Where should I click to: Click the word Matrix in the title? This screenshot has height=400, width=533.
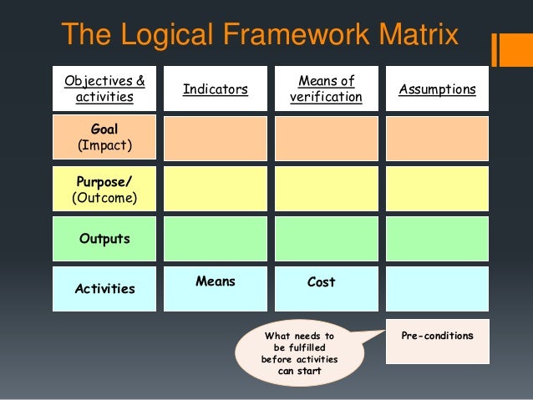pyautogui.click(x=418, y=36)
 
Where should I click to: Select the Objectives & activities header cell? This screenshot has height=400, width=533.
pyautogui.click(x=104, y=89)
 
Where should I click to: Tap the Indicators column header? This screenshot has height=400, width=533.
pyautogui.click(x=216, y=89)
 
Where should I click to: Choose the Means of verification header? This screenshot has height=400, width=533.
pyautogui.click(x=326, y=89)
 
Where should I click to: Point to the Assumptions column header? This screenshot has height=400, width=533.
pyautogui.click(x=438, y=89)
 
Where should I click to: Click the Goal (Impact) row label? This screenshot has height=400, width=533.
pyautogui.click(x=104, y=139)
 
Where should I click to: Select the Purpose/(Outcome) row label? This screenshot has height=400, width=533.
pyautogui.click(x=104, y=189)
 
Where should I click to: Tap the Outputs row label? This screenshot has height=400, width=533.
pyautogui.click(x=104, y=239)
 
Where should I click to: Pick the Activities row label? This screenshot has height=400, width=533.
pyautogui.click(x=104, y=289)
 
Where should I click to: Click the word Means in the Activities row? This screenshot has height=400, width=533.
pyautogui.click(x=216, y=282)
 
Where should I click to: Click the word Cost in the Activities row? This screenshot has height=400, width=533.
pyautogui.click(x=322, y=282)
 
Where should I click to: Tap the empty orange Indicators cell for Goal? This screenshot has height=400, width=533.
pyautogui.click(x=216, y=139)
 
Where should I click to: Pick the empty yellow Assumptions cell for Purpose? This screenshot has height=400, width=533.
pyautogui.click(x=438, y=189)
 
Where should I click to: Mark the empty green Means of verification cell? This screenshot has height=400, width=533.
pyautogui.click(x=326, y=239)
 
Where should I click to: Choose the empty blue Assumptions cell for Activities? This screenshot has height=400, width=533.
pyautogui.click(x=438, y=289)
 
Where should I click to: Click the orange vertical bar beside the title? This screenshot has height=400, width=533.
pyautogui.click(x=496, y=48)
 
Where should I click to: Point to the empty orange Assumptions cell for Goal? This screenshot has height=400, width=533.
pyautogui.click(x=438, y=139)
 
